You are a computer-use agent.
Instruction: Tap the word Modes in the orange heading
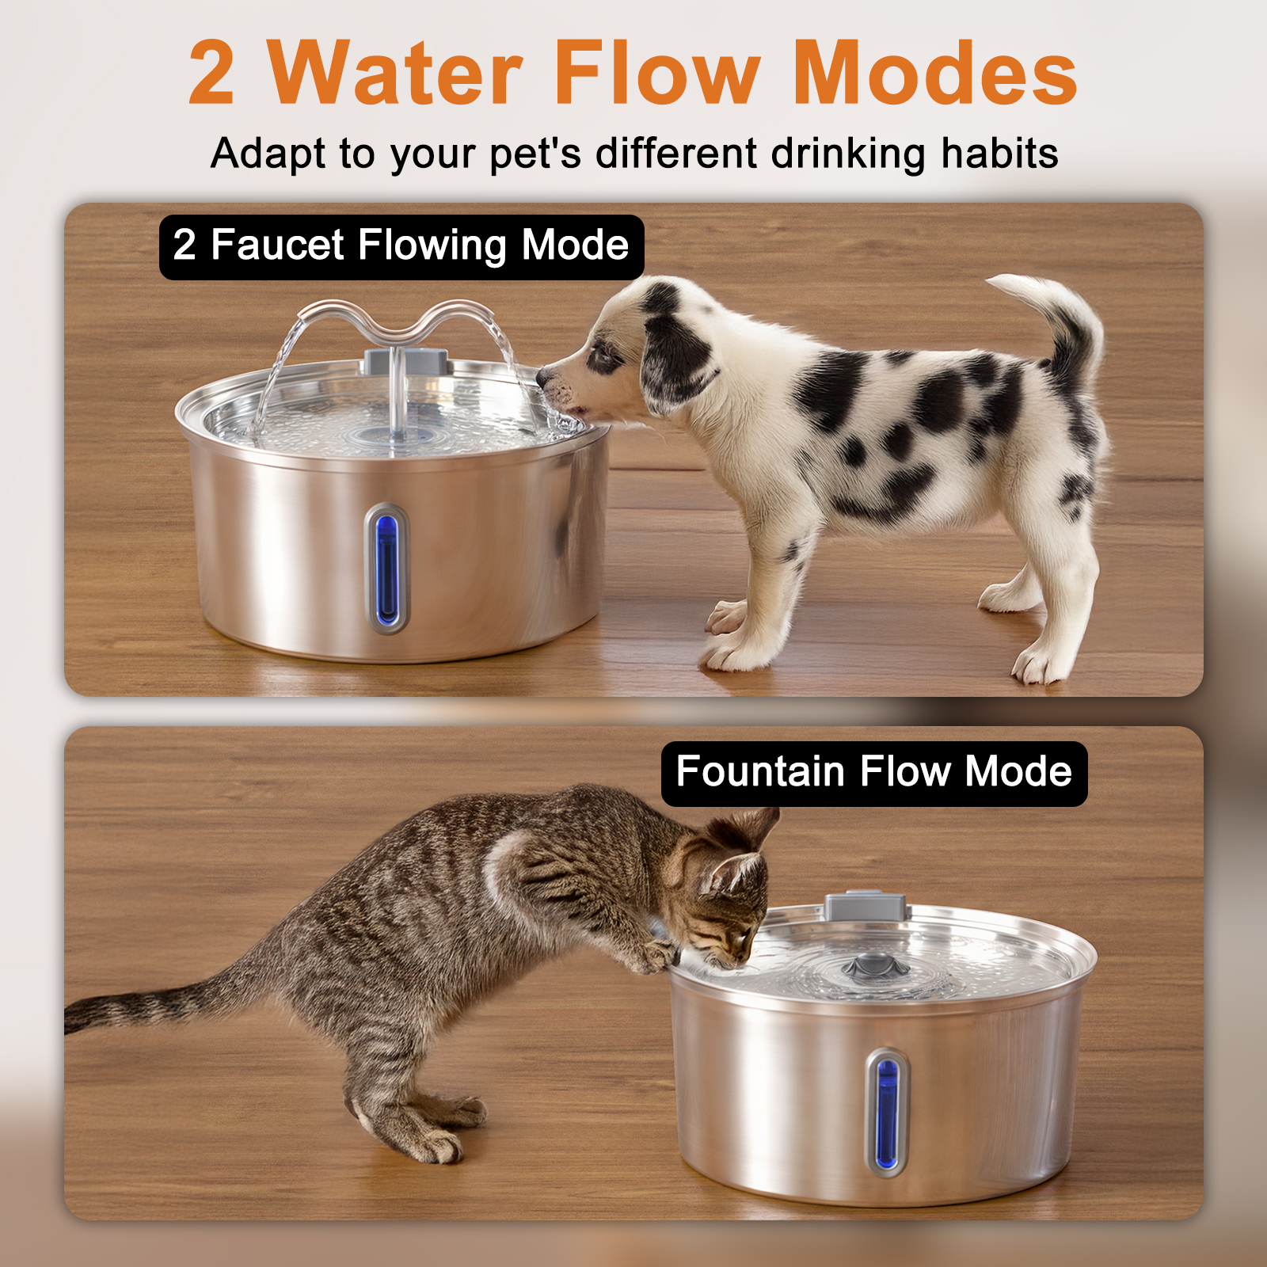coord(934,72)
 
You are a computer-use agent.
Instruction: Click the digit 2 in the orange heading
coord(211,72)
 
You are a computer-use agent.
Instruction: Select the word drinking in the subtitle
coord(848,154)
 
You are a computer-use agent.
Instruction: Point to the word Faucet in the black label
coord(278,245)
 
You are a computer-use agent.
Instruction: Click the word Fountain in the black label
coord(761,771)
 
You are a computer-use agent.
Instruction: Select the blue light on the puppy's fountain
coord(386,569)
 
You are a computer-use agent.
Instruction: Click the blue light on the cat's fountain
coord(887,1113)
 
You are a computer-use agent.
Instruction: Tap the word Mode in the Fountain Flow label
coord(1018,771)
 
